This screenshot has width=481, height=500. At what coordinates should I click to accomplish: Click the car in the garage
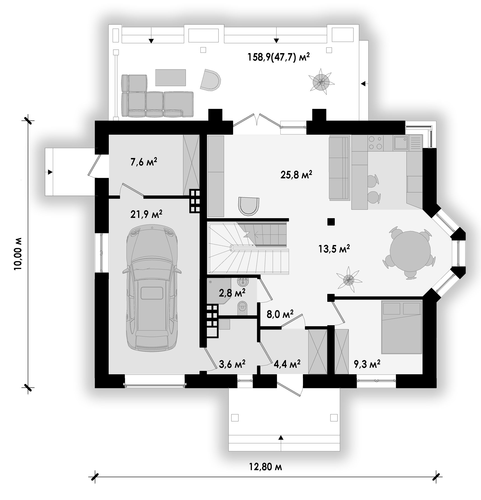[152, 288]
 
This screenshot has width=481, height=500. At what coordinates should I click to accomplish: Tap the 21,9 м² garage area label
[146, 214]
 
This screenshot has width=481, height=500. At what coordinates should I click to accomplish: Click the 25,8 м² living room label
[296, 175]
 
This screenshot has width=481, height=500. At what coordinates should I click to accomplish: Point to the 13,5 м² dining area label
[334, 248]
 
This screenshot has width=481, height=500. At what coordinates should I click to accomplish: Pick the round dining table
[410, 251]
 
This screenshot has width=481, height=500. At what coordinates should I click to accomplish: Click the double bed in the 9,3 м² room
[402, 327]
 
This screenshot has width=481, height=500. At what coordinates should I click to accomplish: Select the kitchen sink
[401, 143]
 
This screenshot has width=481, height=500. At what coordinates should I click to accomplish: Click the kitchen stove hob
[376, 143]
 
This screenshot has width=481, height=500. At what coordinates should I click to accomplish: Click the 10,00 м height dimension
[18, 254]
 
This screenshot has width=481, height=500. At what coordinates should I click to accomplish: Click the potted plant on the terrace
[321, 82]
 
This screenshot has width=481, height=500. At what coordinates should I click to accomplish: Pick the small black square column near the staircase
[331, 222]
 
